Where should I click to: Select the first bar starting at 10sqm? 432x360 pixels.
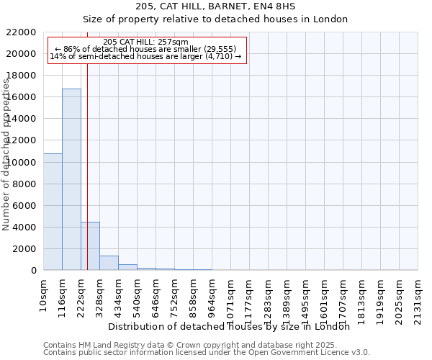53,212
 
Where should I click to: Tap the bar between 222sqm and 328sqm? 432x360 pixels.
90,246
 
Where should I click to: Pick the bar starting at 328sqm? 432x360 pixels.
109,263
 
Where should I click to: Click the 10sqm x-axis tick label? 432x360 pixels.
44,295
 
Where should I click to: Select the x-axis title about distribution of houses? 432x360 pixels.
233,326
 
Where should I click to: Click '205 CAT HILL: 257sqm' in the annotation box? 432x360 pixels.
145,42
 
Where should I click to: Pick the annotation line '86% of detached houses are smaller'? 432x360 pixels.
145,49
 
